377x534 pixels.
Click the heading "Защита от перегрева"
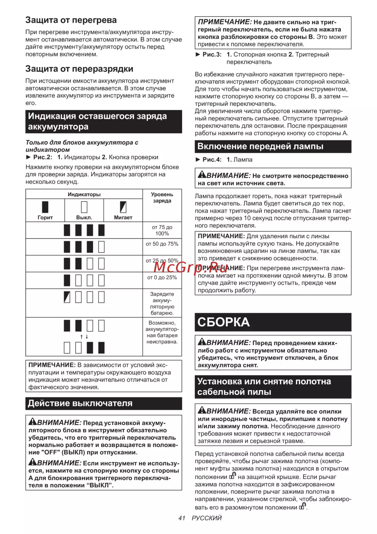tap(71, 20)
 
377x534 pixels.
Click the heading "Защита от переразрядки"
tap(79, 69)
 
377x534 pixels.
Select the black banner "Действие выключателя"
tap(104, 403)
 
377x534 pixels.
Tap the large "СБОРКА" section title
tap(224, 322)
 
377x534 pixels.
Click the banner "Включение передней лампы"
tap(273, 146)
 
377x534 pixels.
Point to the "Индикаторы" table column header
tap(84, 195)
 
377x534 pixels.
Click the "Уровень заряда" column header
tap(162, 198)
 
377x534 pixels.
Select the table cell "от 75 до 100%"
tap(162, 230)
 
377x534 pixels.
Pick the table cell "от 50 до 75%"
tap(162, 244)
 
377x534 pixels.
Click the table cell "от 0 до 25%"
tap(162, 277)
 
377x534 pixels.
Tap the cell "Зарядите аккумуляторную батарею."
tap(162, 303)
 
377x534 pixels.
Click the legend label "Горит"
tap(45, 218)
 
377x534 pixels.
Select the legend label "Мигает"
tap(123, 218)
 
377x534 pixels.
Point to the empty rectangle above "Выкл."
tap(84, 207)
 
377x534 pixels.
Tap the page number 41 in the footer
tap(182, 518)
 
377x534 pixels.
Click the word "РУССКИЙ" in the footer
tap(207, 518)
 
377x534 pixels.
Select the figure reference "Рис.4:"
tap(212, 160)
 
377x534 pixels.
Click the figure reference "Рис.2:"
tap(43, 157)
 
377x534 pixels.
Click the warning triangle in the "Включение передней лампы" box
tap(202, 174)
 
